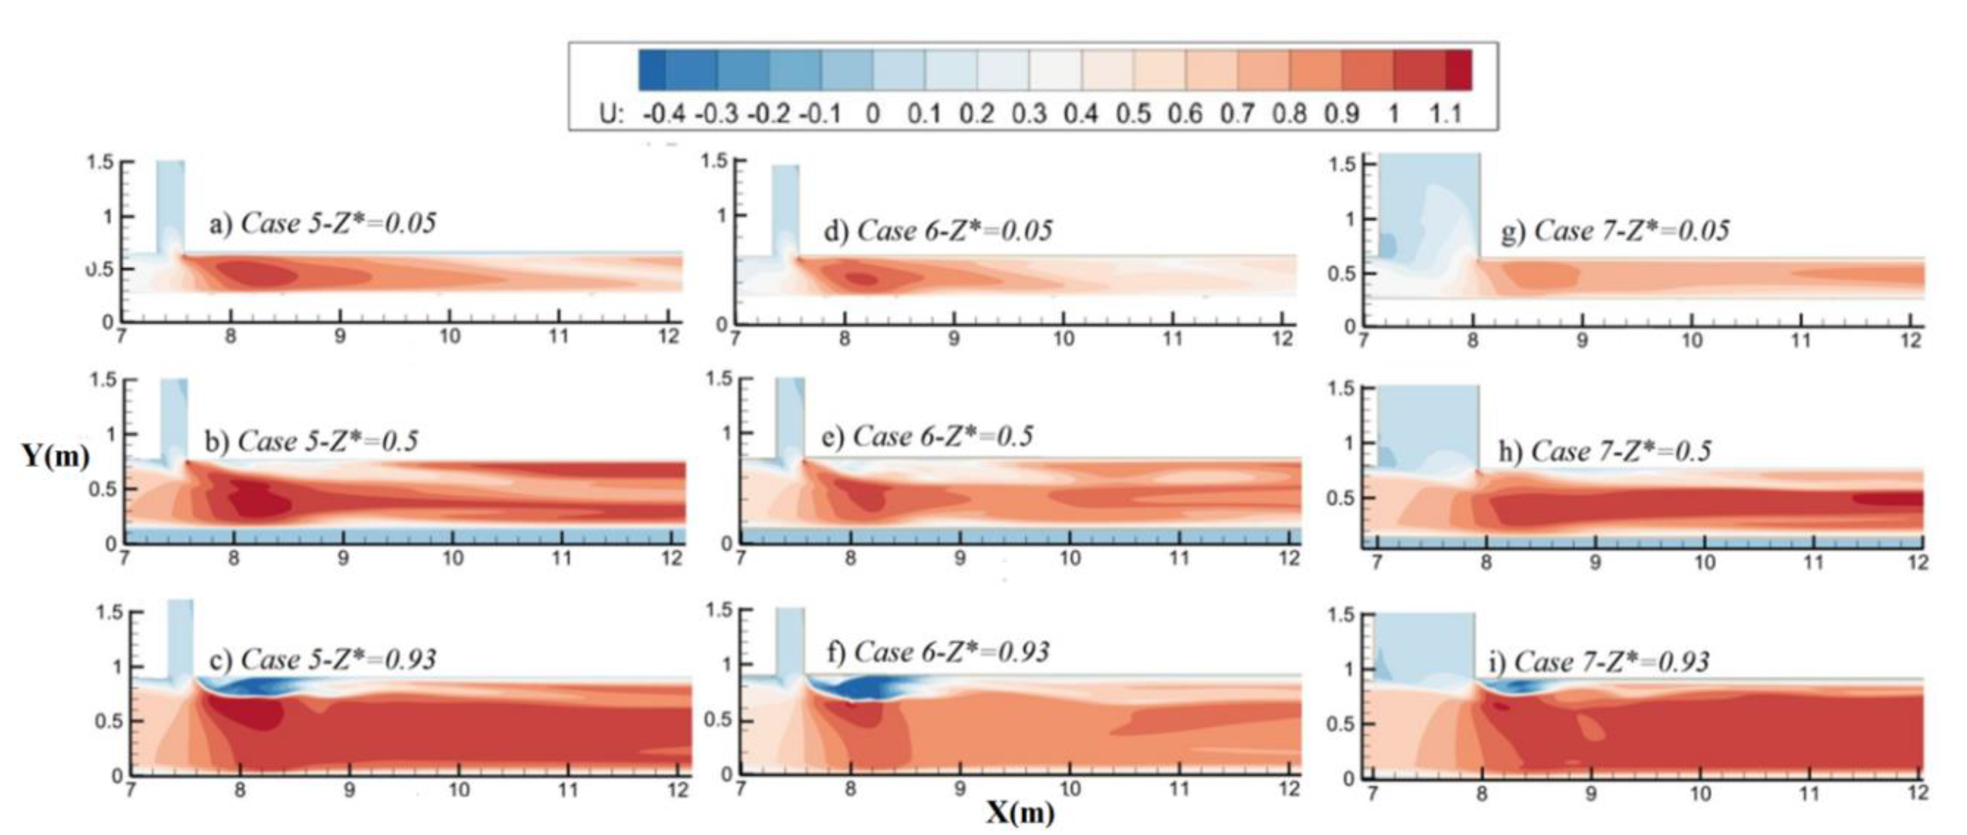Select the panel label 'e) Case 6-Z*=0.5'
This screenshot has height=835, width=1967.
[x=928, y=436]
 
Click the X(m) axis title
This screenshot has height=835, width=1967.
[x=1019, y=812]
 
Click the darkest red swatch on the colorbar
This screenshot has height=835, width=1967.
[x=1458, y=70]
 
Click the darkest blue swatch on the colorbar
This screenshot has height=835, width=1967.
[x=652, y=70]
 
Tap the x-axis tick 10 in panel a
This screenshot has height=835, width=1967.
[x=449, y=336]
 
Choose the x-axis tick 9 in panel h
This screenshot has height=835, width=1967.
[x=1595, y=563]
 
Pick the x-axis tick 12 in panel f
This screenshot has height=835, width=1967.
[x=1289, y=788]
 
